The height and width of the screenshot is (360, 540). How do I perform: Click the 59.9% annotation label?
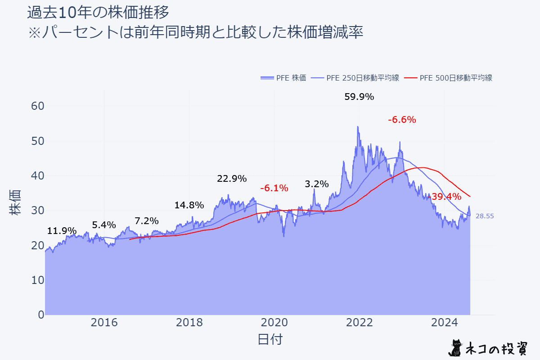tap(359, 97)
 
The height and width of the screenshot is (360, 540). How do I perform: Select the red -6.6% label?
tap(401, 120)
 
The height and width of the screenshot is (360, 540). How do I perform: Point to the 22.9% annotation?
tap(232, 179)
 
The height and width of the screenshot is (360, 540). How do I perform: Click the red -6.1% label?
tap(274, 188)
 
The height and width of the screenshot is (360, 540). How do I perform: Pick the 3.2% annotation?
tap(316, 184)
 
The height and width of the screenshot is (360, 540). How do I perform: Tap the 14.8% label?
tap(189, 205)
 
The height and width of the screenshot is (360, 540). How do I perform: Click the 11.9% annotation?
tap(62, 231)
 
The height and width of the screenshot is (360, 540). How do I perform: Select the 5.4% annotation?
tap(104, 225)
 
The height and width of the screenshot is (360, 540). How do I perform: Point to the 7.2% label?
tap(147, 221)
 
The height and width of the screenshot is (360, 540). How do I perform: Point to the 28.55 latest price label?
tap(485, 216)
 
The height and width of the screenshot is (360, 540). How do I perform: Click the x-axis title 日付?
tap(270, 339)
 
